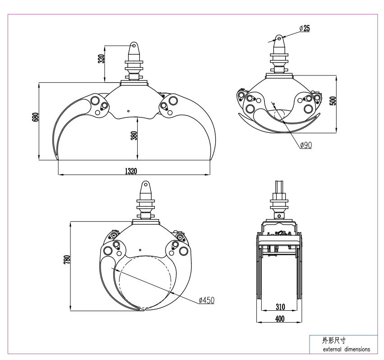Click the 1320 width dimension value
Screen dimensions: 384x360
coord(131,171)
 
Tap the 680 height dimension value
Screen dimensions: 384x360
coord(36,117)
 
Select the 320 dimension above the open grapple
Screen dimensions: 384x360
coord(101,59)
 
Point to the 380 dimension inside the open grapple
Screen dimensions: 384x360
coord(134,136)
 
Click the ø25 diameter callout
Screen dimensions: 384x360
coord(305,28)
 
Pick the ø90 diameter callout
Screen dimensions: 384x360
coord(306,145)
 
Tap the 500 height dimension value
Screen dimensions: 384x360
coord(333,101)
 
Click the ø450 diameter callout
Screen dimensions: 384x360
coord(207,300)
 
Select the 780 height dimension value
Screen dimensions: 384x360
coord(67,260)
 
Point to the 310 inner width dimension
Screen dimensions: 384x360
coord(280,307)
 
